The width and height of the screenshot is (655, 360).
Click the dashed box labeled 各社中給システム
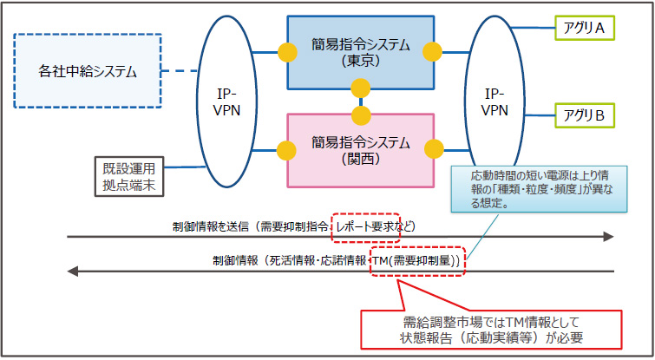(x=88, y=71)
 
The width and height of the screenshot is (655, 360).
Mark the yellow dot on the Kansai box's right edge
(x=429, y=150)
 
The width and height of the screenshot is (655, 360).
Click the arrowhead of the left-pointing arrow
(x=73, y=272)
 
